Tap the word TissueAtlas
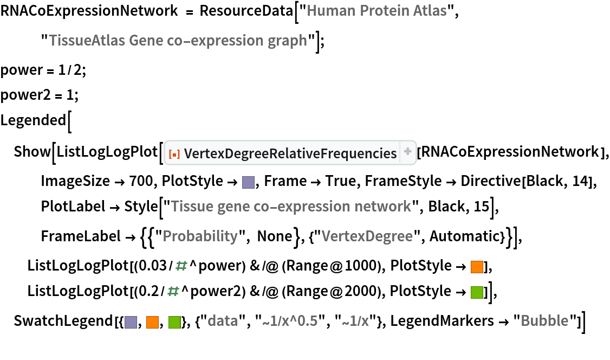click(x=87, y=41)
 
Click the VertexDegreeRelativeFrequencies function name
click(x=290, y=154)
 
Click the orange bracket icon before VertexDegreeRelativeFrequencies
click(x=174, y=155)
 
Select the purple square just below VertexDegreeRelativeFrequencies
click(x=248, y=182)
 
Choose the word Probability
click(x=200, y=236)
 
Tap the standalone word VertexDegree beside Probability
click(x=367, y=236)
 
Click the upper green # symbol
click(x=181, y=266)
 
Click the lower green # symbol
click(x=173, y=292)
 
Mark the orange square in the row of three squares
click(x=152, y=322)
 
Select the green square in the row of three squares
click(x=174, y=322)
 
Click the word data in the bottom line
click(x=223, y=321)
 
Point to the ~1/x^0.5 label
click(x=290, y=322)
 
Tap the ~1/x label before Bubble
click(x=355, y=322)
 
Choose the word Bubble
click(x=544, y=321)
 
